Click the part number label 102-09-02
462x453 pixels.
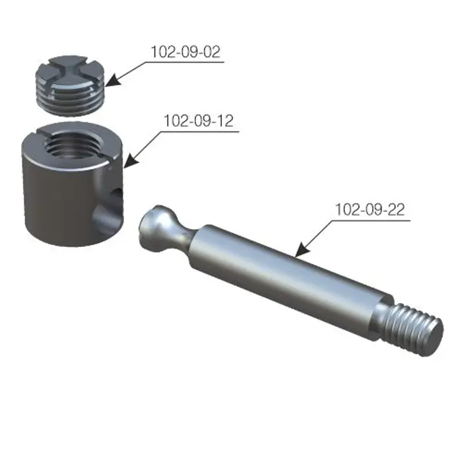[185, 52]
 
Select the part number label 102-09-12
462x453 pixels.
[199, 121]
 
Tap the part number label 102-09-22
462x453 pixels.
[370, 209]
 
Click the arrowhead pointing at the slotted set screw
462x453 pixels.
[113, 81]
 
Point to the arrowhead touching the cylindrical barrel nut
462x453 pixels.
[131, 161]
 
